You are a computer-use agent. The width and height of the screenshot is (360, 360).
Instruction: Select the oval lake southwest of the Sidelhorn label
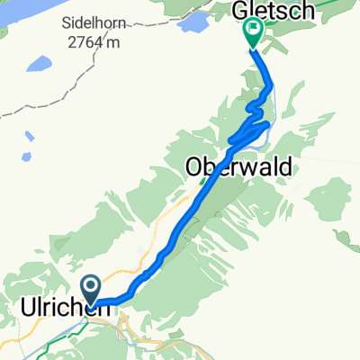(39, 65)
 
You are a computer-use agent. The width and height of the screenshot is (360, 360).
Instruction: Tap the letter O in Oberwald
(193, 166)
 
